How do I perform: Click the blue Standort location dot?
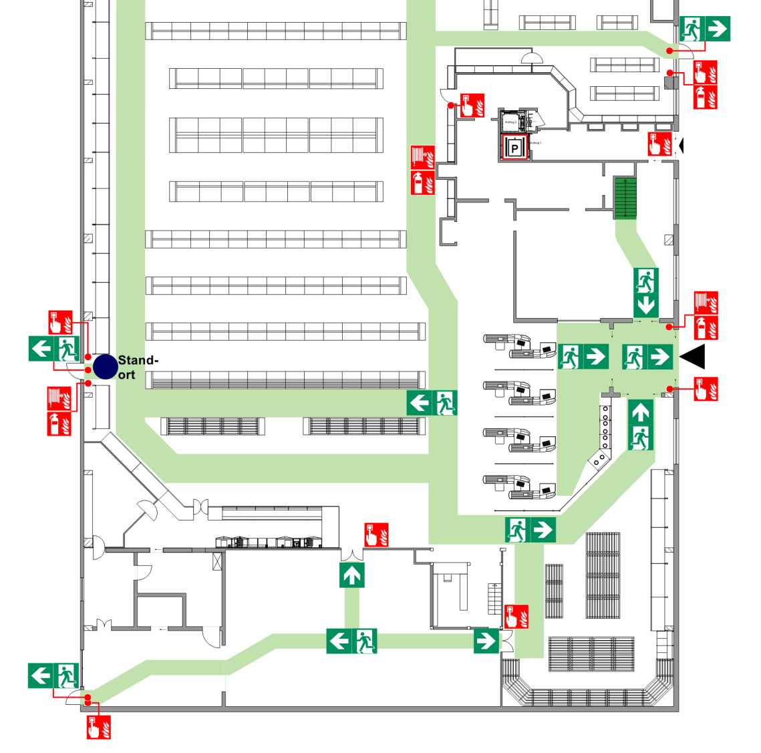coord(105,367)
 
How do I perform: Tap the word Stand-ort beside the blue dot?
coord(137,367)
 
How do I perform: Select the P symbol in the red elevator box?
coord(514,148)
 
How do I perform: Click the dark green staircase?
coord(625,198)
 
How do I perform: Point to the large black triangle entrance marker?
coord(693,356)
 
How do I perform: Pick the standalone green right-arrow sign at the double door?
coord(486,641)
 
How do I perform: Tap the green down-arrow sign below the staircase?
coord(646,305)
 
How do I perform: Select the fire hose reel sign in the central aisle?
coord(422,158)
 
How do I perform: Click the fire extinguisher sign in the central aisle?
coord(422,182)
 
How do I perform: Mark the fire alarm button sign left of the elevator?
coord(472,106)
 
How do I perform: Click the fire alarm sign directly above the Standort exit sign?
coord(60,323)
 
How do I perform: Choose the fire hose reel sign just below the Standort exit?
coord(59,398)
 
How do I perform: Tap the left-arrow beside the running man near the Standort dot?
coord(41,348)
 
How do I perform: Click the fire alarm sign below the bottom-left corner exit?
coord(98,727)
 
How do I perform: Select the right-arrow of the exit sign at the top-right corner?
coord(717,29)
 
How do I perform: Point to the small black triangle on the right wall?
coord(681,144)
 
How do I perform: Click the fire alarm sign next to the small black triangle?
coord(659,144)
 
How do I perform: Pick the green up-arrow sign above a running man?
coord(640,413)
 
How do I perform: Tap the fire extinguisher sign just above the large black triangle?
coord(706,327)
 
